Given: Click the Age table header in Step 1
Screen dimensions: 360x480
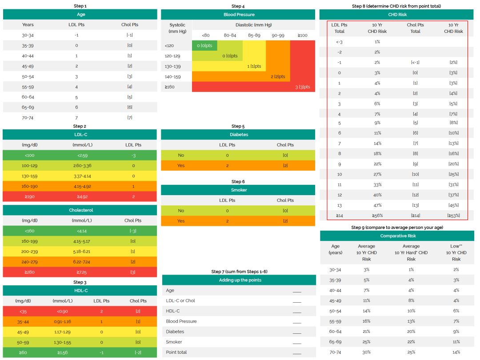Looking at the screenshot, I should pyautogui.click(x=80, y=15).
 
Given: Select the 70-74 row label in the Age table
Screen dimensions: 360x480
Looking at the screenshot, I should pyautogui.click(x=28, y=117).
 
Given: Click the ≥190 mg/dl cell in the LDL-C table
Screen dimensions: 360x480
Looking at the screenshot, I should pyautogui.click(x=29, y=196).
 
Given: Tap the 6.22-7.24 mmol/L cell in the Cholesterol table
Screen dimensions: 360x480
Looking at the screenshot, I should pyautogui.click(x=82, y=261).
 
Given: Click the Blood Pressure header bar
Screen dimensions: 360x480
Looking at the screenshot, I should pyautogui.click(x=239, y=15).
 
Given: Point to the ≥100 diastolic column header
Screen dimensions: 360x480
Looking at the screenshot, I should pyautogui.click(x=302, y=35).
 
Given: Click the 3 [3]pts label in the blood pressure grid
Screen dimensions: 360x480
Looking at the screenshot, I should pyautogui.click(x=303, y=87).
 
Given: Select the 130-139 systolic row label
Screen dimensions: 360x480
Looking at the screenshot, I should pyautogui.click(x=172, y=66).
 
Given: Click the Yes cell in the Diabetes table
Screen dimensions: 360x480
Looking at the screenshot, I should pyautogui.click(x=181, y=165).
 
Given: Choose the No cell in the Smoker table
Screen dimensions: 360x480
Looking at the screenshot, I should pyautogui.click(x=181, y=211).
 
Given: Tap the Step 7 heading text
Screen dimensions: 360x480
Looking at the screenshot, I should pyautogui.click(x=239, y=272).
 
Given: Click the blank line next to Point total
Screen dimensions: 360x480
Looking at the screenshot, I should pyautogui.click(x=297, y=352).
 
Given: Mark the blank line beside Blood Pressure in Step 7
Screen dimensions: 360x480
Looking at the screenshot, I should pyautogui.click(x=297, y=321).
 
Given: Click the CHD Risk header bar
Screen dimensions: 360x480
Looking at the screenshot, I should pyautogui.click(x=397, y=15).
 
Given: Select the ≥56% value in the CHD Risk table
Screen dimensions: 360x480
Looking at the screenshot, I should pyautogui.click(x=377, y=216).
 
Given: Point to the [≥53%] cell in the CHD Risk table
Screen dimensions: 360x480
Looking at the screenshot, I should pyautogui.click(x=453, y=216).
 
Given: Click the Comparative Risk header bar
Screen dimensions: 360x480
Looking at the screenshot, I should pyautogui.click(x=397, y=236).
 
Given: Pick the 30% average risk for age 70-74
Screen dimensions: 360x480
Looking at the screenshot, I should pyautogui.click(x=366, y=352).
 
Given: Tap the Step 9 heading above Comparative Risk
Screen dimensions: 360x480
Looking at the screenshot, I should pyautogui.click(x=397, y=228).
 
